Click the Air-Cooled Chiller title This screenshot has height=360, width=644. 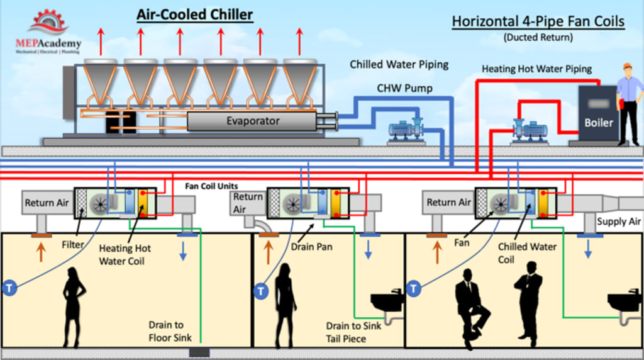tap(195, 14)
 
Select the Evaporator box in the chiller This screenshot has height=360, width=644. tap(252, 121)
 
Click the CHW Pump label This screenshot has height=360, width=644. tap(404, 88)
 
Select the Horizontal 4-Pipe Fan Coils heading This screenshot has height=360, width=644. tap(538, 21)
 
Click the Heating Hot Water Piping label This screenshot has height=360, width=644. tap(536, 69)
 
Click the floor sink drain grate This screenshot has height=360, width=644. tap(199, 352)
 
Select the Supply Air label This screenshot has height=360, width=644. tap(619, 222)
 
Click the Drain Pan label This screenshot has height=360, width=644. tap(311, 247)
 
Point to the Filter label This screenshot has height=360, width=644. tap(73, 244)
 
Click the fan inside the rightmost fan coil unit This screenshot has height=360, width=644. tap(501, 203)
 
